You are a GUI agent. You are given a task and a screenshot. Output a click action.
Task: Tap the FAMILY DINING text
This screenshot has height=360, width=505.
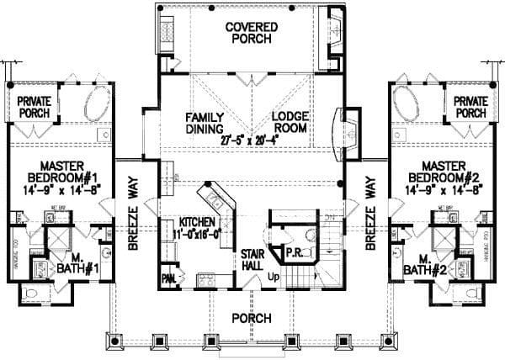pos(205,123)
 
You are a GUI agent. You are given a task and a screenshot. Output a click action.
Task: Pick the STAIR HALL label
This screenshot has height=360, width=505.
pos(253,258)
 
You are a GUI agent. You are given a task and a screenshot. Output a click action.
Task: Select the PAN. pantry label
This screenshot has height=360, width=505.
pos(168,277)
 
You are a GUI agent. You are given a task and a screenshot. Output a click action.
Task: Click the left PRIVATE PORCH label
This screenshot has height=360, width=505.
pos(35,107)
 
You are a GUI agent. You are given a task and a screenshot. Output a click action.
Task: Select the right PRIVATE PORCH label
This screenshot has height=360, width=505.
pos(470,107)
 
